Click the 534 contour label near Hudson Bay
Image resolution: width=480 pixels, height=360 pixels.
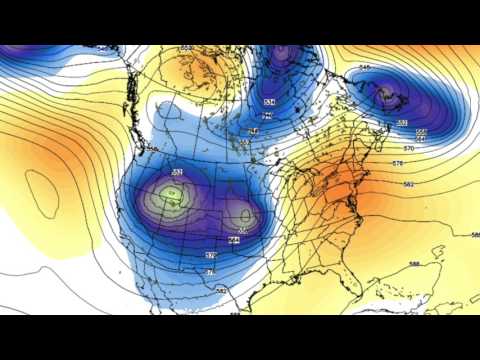(x=269, y=103)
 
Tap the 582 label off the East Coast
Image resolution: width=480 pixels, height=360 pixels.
(x=408, y=183)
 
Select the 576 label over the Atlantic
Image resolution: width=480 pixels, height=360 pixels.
(x=398, y=162)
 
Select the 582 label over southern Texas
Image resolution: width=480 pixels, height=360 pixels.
(x=222, y=290)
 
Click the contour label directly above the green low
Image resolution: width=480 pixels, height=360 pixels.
(x=177, y=173)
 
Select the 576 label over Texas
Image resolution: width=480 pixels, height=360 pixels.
(x=210, y=271)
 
